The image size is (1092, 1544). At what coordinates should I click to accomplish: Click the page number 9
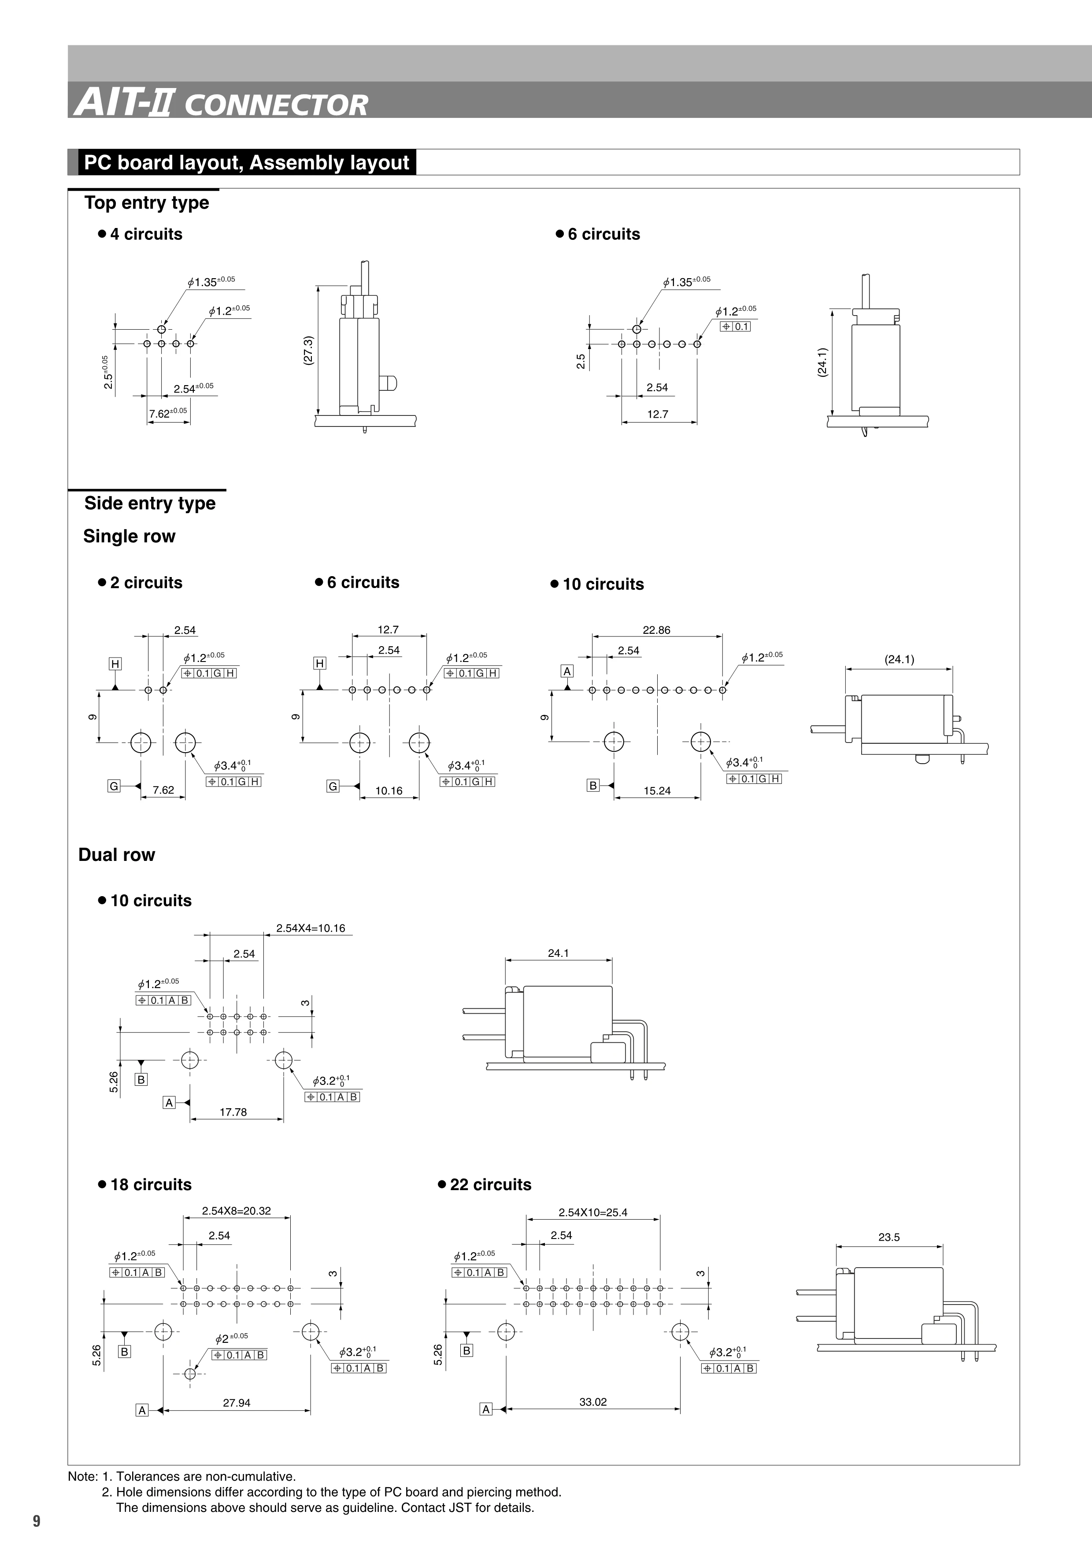click(36, 1522)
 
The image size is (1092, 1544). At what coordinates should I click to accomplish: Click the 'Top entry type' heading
click(147, 202)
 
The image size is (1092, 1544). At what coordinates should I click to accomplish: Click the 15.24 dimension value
click(657, 791)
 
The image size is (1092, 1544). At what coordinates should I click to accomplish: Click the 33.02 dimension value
click(593, 1402)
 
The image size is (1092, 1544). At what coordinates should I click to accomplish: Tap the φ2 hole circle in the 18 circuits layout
click(190, 1373)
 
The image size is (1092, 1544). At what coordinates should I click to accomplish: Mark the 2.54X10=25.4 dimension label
click(593, 1213)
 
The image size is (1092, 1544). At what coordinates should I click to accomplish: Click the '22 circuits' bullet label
click(490, 1184)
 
